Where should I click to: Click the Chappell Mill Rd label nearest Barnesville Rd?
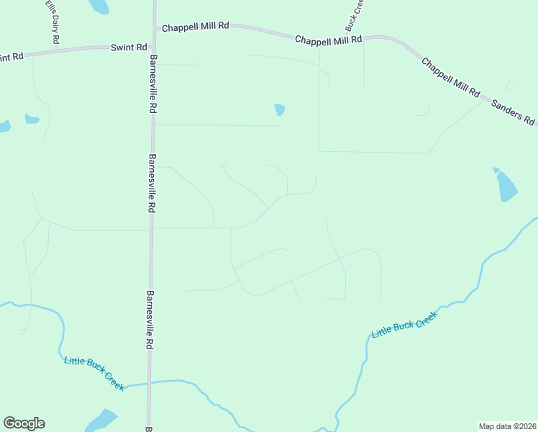[195, 26]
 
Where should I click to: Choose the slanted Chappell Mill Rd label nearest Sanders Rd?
[451, 78]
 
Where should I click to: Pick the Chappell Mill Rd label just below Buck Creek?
[328, 40]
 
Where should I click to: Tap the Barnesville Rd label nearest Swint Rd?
[152, 84]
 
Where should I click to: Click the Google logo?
[24, 423]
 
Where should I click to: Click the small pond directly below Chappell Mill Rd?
[280, 109]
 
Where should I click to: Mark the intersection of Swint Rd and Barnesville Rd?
[152, 45]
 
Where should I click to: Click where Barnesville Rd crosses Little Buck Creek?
[150, 382]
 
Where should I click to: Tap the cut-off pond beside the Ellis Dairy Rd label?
[99, 6]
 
